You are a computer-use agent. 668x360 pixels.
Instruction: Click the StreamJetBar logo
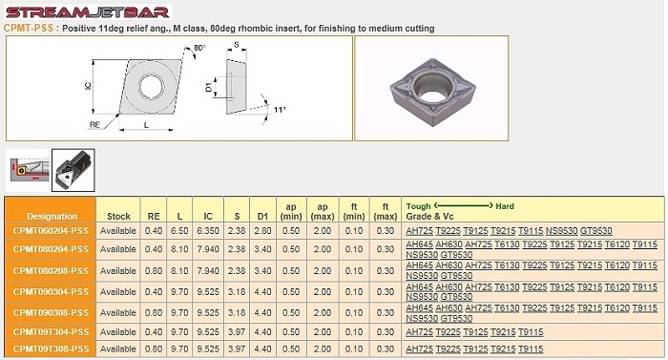pos(88,11)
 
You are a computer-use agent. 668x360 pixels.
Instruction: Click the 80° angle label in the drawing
pos(199,48)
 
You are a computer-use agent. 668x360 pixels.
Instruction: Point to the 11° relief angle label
pos(280,110)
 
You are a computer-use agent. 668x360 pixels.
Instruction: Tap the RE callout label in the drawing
pos(95,124)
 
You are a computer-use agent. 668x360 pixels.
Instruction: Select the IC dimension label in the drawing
pos(88,86)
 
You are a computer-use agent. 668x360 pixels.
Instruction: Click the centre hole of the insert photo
pos(432,87)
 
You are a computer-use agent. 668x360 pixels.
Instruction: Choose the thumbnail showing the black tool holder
pos(73,170)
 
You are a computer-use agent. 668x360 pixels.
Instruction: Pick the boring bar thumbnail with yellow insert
pos(28,170)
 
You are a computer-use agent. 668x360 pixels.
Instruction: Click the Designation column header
pos(52,216)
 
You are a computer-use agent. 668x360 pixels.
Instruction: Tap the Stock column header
pos(118,216)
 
